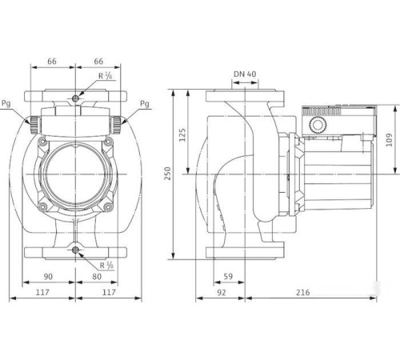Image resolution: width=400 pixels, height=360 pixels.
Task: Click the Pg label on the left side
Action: (x=8, y=104)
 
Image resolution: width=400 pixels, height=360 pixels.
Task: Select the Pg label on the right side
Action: (x=144, y=104)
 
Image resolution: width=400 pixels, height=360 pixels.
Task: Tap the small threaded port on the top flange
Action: (x=75, y=98)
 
